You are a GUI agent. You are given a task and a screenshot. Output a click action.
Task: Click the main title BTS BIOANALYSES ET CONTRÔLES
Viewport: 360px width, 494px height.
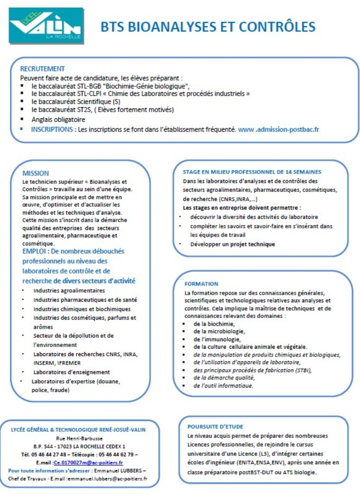click(208, 27)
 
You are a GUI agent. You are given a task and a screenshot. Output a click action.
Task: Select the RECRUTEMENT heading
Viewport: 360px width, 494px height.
click(43, 69)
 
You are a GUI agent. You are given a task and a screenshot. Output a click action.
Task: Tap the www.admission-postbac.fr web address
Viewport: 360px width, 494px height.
click(278, 129)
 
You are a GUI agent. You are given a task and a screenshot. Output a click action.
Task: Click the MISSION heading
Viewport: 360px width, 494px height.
click(36, 173)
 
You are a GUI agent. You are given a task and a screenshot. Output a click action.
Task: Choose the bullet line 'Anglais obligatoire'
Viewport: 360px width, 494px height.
click(58, 120)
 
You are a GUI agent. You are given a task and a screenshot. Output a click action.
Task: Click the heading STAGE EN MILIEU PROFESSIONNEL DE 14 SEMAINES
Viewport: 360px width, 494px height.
click(252, 172)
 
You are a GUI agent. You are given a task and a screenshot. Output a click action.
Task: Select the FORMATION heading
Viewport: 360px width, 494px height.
click(202, 283)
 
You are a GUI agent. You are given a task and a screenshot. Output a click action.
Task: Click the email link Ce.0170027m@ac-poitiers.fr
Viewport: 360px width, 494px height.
click(88, 462)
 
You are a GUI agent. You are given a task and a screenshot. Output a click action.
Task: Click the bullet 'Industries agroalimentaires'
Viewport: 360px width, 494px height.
click(69, 291)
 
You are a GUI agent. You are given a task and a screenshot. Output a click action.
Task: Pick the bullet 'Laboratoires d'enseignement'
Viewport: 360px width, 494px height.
click(72, 372)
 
